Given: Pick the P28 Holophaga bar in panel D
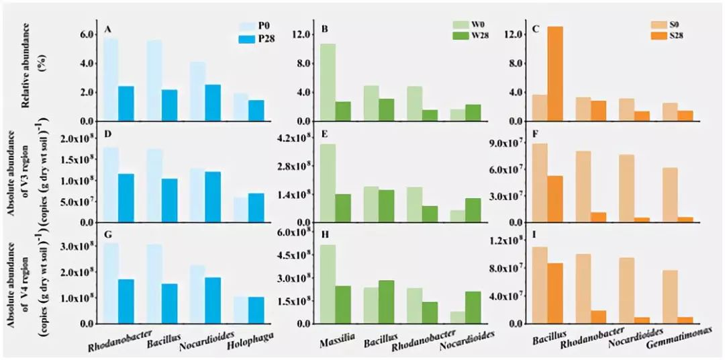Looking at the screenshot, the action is click(x=256, y=208).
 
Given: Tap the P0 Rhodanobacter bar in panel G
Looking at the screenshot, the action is click(x=111, y=283).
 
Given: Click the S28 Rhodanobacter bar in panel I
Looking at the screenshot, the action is click(x=598, y=317).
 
